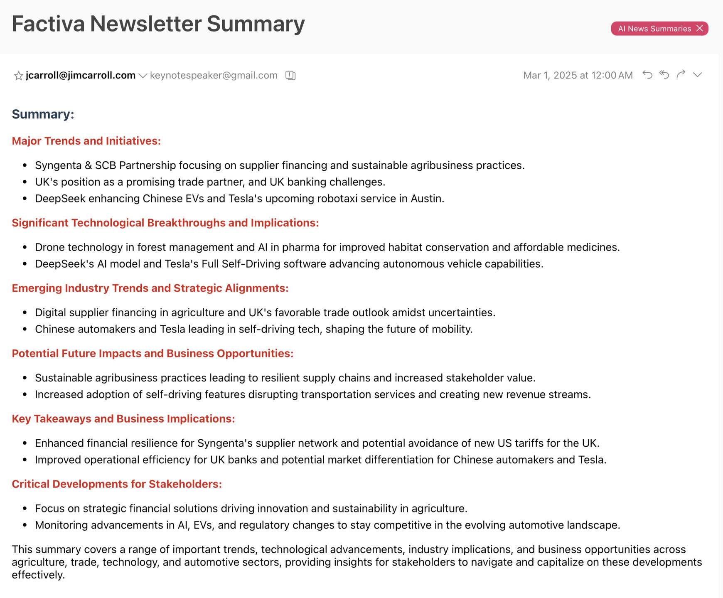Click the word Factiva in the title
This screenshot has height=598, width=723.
pyautogui.click(x=48, y=24)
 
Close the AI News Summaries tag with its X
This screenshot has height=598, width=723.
pyautogui.click(x=700, y=28)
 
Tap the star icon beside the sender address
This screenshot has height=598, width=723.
pyautogui.click(x=18, y=76)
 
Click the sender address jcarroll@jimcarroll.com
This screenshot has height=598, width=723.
pyautogui.click(x=81, y=75)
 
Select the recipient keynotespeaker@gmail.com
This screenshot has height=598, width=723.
pyautogui.click(x=214, y=75)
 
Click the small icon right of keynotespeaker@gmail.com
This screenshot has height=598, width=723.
pyautogui.click(x=290, y=75)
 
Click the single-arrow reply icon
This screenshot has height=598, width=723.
pyautogui.click(x=647, y=75)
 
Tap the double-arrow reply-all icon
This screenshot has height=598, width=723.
pyautogui.click(x=664, y=75)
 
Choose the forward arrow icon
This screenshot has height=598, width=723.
pyautogui.click(x=681, y=75)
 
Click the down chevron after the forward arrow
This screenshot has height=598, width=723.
pyautogui.click(x=697, y=75)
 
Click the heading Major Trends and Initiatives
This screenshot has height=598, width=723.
pyautogui.click(x=86, y=141)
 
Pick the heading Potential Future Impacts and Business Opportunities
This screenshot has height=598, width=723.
pyautogui.click(x=152, y=353)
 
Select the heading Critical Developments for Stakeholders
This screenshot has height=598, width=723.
pyautogui.click(x=117, y=484)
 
